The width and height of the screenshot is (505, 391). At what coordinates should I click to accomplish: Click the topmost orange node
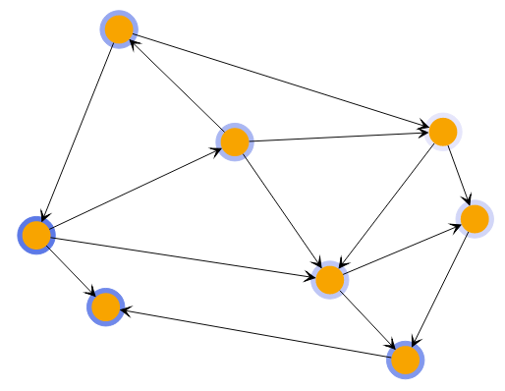119,29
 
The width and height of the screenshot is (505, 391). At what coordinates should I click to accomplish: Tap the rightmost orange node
475,218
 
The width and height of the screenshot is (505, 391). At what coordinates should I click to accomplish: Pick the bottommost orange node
405,361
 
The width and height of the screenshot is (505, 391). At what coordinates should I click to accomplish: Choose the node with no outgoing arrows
105,307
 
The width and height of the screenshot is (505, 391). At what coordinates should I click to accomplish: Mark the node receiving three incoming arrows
330,280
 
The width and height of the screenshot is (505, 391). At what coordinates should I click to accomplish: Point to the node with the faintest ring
443,132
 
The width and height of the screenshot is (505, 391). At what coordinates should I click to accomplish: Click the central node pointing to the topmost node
234,142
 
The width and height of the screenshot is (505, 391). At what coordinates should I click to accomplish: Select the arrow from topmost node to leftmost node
78,133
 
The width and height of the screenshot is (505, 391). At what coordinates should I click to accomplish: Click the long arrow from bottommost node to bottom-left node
255,334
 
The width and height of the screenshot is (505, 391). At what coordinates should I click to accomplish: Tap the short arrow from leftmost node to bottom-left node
69,270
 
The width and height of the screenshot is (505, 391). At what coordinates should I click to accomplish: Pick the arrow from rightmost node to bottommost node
440,289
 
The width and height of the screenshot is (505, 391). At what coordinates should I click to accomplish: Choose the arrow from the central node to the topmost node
177,86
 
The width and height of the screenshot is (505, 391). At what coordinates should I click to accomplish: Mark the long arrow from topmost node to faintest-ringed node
281,81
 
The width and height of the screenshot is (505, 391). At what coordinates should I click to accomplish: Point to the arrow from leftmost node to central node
135,190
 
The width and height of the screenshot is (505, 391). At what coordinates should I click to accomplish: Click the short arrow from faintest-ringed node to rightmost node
459,175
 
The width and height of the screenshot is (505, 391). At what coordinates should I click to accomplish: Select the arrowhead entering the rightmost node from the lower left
455,226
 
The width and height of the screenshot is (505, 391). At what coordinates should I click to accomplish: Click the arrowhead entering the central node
216,150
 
